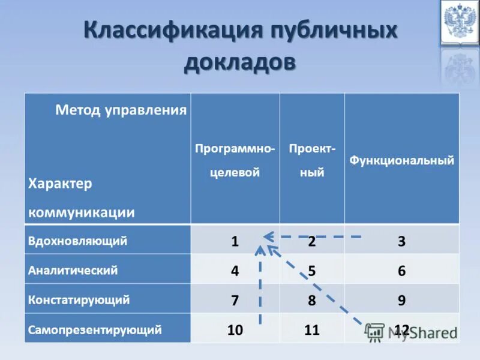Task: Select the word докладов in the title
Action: [x=240, y=62]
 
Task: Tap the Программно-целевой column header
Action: [x=235, y=160]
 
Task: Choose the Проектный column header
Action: [x=312, y=160]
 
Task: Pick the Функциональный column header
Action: [x=402, y=160]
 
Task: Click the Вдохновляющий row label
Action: [x=77, y=241]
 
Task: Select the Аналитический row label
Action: [x=73, y=270]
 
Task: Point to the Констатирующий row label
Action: [x=79, y=299]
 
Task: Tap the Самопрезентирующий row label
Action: [x=95, y=329]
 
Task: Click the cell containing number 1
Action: [x=235, y=241]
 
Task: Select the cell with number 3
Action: [x=401, y=241]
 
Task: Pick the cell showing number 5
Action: [x=312, y=271]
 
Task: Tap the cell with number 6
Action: [x=401, y=271]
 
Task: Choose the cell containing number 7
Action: [x=235, y=300]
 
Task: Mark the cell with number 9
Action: [x=401, y=300]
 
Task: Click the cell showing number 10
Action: [x=235, y=329]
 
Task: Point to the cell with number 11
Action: [x=312, y=329]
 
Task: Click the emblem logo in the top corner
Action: [x=459, y=22]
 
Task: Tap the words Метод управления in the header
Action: [x=121, y=110]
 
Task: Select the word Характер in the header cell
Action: [x=60, y=184]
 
